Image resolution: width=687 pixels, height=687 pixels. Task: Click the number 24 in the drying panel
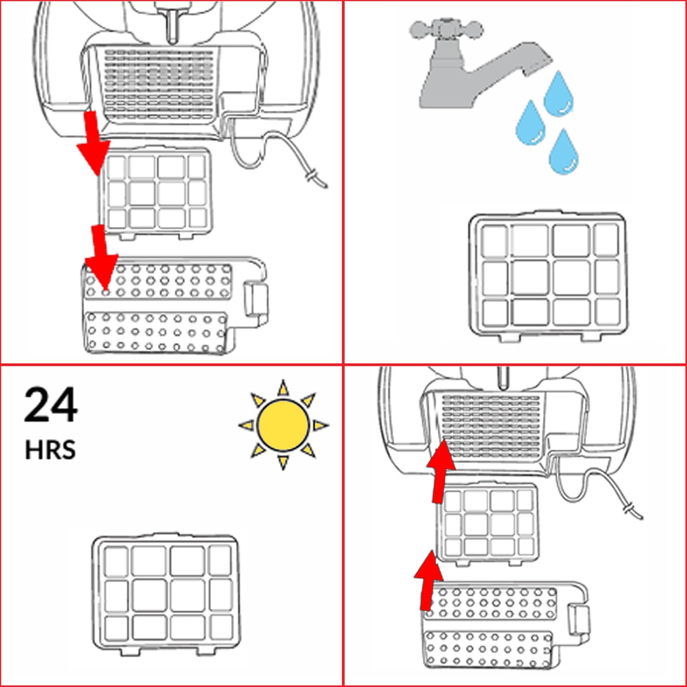[51, 404]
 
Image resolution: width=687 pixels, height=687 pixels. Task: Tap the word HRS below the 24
[50, 450]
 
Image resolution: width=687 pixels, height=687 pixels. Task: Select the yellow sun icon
[283, 425]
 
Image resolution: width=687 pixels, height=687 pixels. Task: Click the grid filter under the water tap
[547, 275]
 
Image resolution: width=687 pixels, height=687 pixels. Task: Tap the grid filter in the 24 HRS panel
[166, 594]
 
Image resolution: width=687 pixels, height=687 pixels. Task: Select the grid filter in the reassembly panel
[488, 522]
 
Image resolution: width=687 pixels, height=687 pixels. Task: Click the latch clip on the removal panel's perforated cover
[256, 298]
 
